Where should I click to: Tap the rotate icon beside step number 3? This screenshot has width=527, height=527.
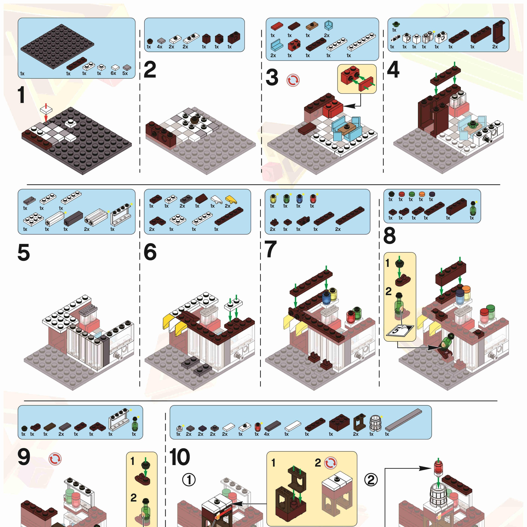pos(293,81)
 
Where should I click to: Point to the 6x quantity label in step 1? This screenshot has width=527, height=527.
pos(113,73)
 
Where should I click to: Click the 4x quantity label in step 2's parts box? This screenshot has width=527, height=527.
pos(160,47)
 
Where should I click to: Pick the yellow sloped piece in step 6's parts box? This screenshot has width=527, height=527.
pos(231,200)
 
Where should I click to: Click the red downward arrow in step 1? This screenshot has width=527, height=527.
pos(46,113)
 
